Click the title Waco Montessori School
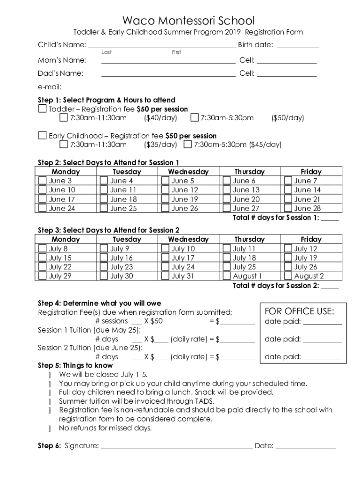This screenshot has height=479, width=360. pos(188,21)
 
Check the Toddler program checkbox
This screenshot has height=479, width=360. pos(43,109)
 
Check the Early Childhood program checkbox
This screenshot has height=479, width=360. pos(43,136)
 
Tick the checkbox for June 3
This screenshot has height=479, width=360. pos(43,181)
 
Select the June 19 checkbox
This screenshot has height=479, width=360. pos(165,199)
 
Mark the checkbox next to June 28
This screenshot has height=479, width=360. pos(288,209)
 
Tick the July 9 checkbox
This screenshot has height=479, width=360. pos(104,249)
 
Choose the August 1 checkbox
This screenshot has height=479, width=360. pos(227,276)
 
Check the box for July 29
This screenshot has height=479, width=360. pos(43,276)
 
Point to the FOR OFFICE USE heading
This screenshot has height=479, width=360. pos(299,311)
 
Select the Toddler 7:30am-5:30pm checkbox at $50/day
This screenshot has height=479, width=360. pos(194,117)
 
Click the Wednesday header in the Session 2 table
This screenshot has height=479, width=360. pos(188,239)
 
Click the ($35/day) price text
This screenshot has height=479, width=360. pos(160,145)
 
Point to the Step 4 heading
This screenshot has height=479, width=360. pos(99,303)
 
